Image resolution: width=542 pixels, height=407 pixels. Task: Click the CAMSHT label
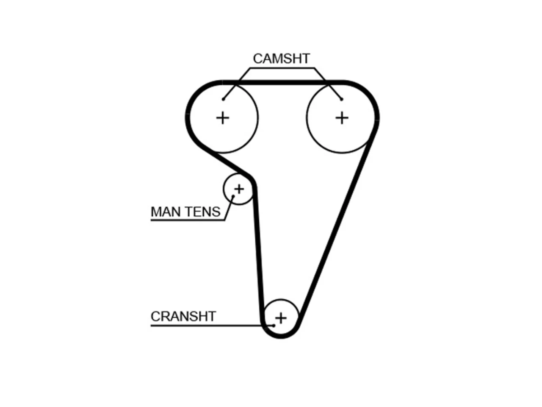click(x=281, y=59)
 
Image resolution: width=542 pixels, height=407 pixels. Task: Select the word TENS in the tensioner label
click(x=202, y=212)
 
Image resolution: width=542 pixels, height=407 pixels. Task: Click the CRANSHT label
click(x=183, y=316)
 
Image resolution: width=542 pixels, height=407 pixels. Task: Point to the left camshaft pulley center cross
click(x=223, y=118)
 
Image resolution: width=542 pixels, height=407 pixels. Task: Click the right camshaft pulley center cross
click(x=342, y=118)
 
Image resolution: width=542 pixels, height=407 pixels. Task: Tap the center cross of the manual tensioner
click(x=239, y=189)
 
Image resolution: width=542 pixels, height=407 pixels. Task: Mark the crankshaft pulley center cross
click(x=281, y=318)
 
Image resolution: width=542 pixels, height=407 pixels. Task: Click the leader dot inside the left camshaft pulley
click(x=223, y=99)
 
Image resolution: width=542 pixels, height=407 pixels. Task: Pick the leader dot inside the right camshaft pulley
click(x=342, y=99)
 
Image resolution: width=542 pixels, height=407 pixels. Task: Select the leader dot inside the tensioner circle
click(x=233, y=196)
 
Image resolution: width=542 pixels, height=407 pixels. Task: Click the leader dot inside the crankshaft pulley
click(x=274, y=326)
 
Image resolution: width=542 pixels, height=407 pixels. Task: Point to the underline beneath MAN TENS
click(x=188, y=220)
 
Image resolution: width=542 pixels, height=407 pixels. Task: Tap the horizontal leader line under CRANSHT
click(x=212, y=326)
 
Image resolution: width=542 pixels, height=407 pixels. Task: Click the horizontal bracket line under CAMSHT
click(x=282, y=68)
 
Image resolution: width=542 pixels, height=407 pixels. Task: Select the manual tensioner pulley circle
click(x=224, y=189)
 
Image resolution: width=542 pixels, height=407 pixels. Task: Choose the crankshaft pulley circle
click(x=281, y=299)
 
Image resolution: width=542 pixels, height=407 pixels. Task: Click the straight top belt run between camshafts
click(x=283, y=82)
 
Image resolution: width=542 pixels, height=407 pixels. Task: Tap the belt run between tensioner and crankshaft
click(x=259, y=254)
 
